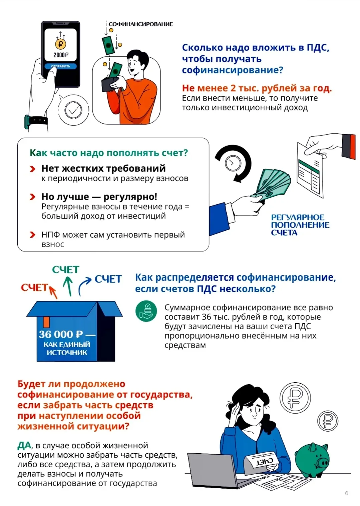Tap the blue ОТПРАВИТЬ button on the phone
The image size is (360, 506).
(61, 66)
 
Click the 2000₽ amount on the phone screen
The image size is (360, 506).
(61, 55)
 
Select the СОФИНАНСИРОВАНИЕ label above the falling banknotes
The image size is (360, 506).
(140, 24)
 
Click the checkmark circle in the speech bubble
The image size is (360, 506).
(73, 110)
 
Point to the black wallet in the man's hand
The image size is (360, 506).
(109, 84)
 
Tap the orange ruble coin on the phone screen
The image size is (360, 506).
(61, 44)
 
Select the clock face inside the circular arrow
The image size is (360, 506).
(233, 163)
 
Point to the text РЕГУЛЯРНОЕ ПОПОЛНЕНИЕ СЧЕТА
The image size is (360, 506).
(300, 225)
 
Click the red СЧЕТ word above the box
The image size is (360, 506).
(34, 288)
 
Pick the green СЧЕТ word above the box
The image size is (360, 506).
(66, 270)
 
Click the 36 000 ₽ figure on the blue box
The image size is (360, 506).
(61, 335)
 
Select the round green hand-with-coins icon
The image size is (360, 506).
(146, 311)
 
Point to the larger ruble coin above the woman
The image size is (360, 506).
(295, 397)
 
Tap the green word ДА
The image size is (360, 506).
(24, 445)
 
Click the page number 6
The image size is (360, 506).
(347, 493)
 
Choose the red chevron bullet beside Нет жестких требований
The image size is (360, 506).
(33, 169)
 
